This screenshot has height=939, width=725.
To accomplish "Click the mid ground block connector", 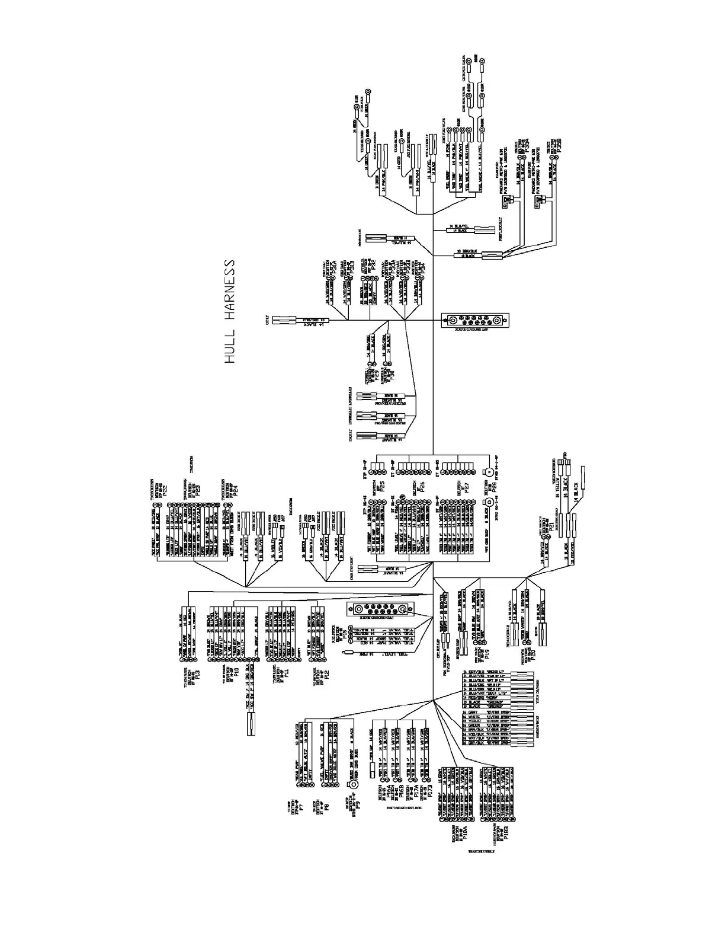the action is point(379,611).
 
